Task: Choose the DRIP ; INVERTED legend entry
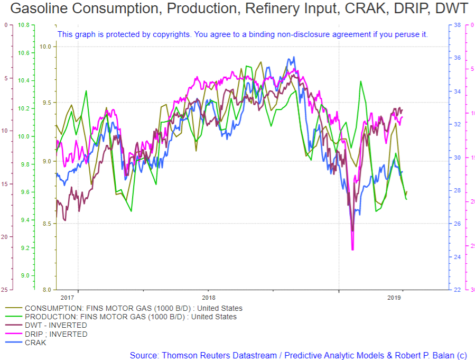[x=55, y=334]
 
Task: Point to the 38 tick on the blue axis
[x=457, y=25]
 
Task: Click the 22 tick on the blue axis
[x=457, y=290]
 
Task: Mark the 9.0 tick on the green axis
[x=25, y=275]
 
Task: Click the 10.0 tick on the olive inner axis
[x=45, y=47]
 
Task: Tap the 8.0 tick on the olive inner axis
[x=46, y=290]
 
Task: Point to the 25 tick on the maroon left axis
[x=4, y=290]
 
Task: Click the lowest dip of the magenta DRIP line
[x=352, y=249]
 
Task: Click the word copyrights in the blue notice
[x=173, y=34]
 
